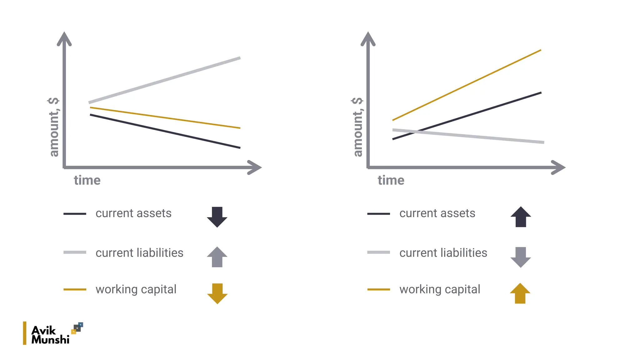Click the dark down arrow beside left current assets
pyautogui.click(x=217, y=217)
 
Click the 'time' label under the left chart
pyautogui.click(x=87, y=181)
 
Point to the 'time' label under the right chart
pyautogui.click(x=391, y=181)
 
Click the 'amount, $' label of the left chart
pyautogui.click(x=54, y=127)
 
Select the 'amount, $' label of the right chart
pyautogui.click(x=357, y=127)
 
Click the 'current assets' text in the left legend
pyautogui.click(x=133, y=213)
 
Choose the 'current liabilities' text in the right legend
pyautogui.click(x=443, y=253)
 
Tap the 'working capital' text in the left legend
pyautogui.click(x=136, y=289)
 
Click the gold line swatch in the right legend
pyautogui.click(x=378, y=290)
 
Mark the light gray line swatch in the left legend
pyautogui.click(x=75, y=252)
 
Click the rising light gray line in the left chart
pyautogui.click(x=164, y=80)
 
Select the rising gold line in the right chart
pyautogui.click(x=467, y=85)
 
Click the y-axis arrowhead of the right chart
pyautogui.click(x=368, y=38)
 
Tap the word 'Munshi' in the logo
pyautogui.click(x=50, y=340)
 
